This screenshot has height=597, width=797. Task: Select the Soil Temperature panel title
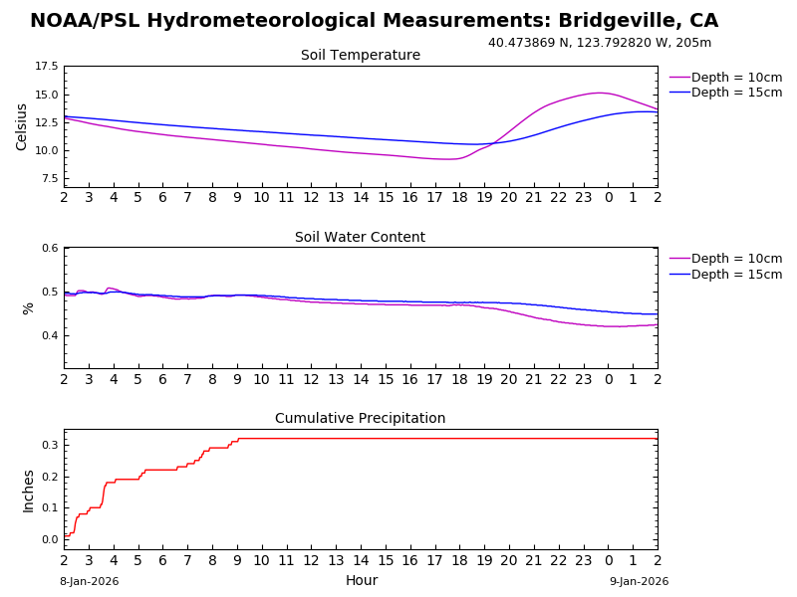click(x=361, y=56)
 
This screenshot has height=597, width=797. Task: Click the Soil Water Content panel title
click(x=361, y=238)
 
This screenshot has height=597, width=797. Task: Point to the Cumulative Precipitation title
click(x=361, y=419)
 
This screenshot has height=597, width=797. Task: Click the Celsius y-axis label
click(x=22, y=126)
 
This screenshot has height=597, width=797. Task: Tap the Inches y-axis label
click(x=28, y=491)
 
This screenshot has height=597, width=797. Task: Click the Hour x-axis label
click(x=362, y=581)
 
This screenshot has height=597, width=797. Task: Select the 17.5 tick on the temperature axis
click(x=46, y=67)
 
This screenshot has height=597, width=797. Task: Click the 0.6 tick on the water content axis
click(x=48, y=248)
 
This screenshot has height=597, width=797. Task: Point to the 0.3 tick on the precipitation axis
click(x=48, y=445)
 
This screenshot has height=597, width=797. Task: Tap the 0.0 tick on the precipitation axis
click(x=48, y=540)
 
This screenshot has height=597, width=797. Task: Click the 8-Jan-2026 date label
click(x=89, y=582)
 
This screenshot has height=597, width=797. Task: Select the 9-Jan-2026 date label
click(x=640, y=582)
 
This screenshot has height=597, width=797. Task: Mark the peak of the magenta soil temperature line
click(x=599, y=93)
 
